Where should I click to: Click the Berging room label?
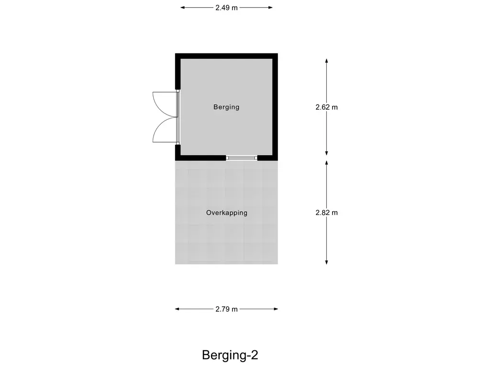coord(226,107)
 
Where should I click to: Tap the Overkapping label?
coord(226,213)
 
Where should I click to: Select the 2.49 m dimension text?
coord(226,8)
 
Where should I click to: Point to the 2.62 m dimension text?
coord(326,107)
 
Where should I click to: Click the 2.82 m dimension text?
coord(326,213)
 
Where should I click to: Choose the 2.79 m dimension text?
coord(226,309)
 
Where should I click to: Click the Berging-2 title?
coord(230,355)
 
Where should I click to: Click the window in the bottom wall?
coord(242,158)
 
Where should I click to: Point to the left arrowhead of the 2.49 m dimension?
coord(183,8)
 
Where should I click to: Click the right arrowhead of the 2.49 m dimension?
coord(270,8)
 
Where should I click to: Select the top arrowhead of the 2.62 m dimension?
coord(326,61)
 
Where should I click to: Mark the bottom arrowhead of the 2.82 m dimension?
coord(326,262)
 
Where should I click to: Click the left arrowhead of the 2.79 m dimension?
coord(177,309)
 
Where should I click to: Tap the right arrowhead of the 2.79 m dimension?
coord(276,309)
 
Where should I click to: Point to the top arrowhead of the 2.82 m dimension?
coord(326,163)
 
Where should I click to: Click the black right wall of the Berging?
coord(275,107)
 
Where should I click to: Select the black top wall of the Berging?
coord(226,56)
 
